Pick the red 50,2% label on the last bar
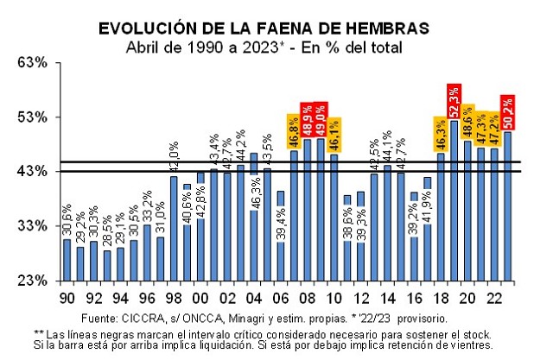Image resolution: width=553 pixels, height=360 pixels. click(508, 111)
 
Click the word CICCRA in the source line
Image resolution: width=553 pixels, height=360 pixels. click(154, 317)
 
